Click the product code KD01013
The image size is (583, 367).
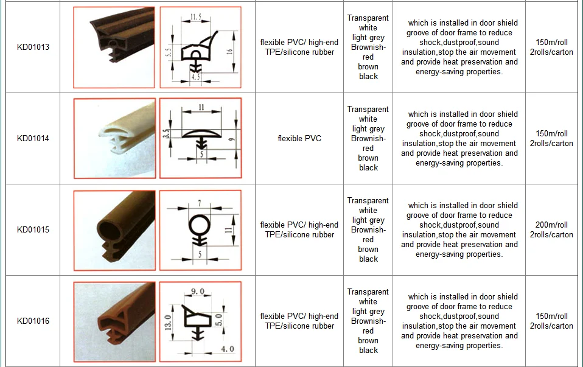coord(33,47)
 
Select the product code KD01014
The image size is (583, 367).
coord(33,138)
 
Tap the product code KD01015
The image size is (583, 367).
coord(33,230)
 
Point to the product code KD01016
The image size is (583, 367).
coord(33,321)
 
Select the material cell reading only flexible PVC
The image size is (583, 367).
coord(299,138)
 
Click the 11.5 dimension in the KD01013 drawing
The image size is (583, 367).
coord(195,16)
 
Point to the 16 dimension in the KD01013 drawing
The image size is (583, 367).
coord(229,52)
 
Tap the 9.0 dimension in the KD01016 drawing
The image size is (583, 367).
coord(198,291)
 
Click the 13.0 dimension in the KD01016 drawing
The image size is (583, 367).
coord(168,323)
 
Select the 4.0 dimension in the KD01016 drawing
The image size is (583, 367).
coord(227,349)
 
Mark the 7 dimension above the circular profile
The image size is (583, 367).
coord(200,203)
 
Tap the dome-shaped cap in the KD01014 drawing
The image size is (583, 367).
coord(201,133)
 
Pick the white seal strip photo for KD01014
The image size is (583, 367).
coord(114,138)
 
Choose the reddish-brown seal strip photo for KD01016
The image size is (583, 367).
coord(114,321)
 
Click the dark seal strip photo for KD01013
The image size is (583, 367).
coord(114,47)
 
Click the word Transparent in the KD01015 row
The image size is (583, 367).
coord(368,200)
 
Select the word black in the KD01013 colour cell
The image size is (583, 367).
coord(368,76)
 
